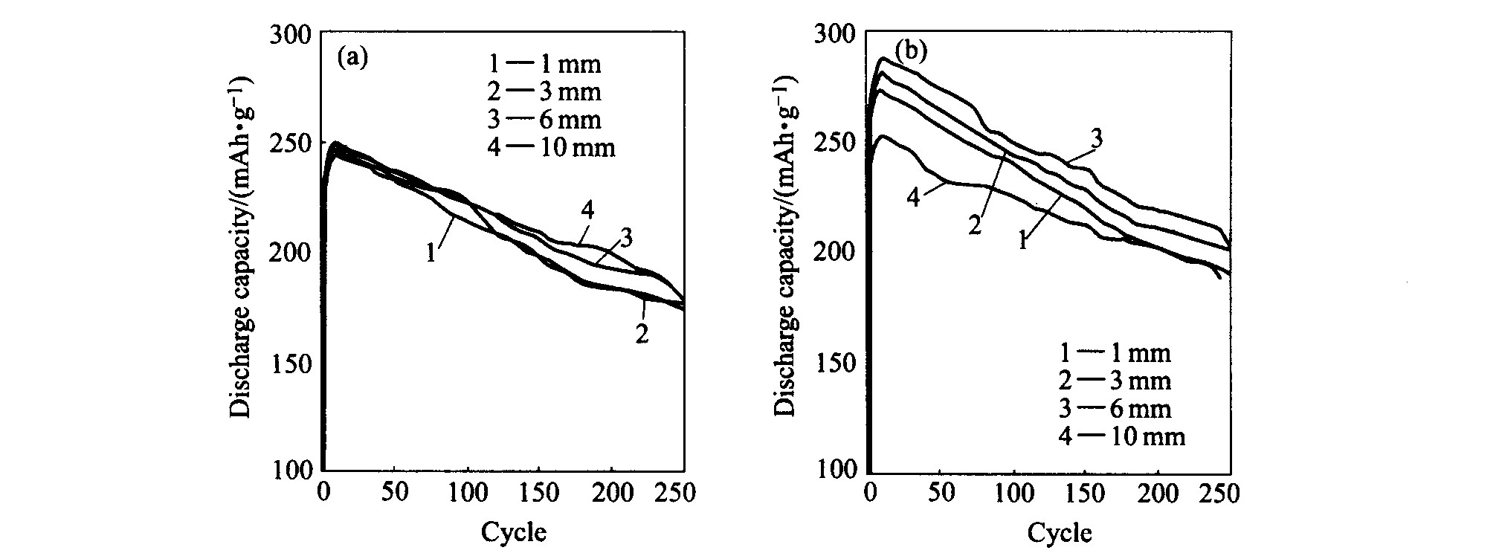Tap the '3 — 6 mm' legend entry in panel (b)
1115,408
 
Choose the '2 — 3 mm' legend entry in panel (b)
1115,381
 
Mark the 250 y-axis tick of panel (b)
842,143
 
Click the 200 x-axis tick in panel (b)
1158,494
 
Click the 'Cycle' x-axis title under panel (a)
514,532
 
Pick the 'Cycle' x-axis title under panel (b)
1060,532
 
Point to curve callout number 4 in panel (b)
914,197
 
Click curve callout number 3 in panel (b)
1096,139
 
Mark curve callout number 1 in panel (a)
431,253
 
